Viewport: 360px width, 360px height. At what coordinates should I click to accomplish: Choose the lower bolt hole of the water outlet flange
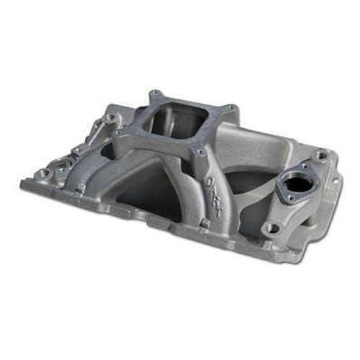tap(292, 200)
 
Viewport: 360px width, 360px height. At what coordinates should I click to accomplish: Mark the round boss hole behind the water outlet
tap(319, 154)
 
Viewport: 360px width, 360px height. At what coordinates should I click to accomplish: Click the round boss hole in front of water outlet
tap(272, 228)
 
